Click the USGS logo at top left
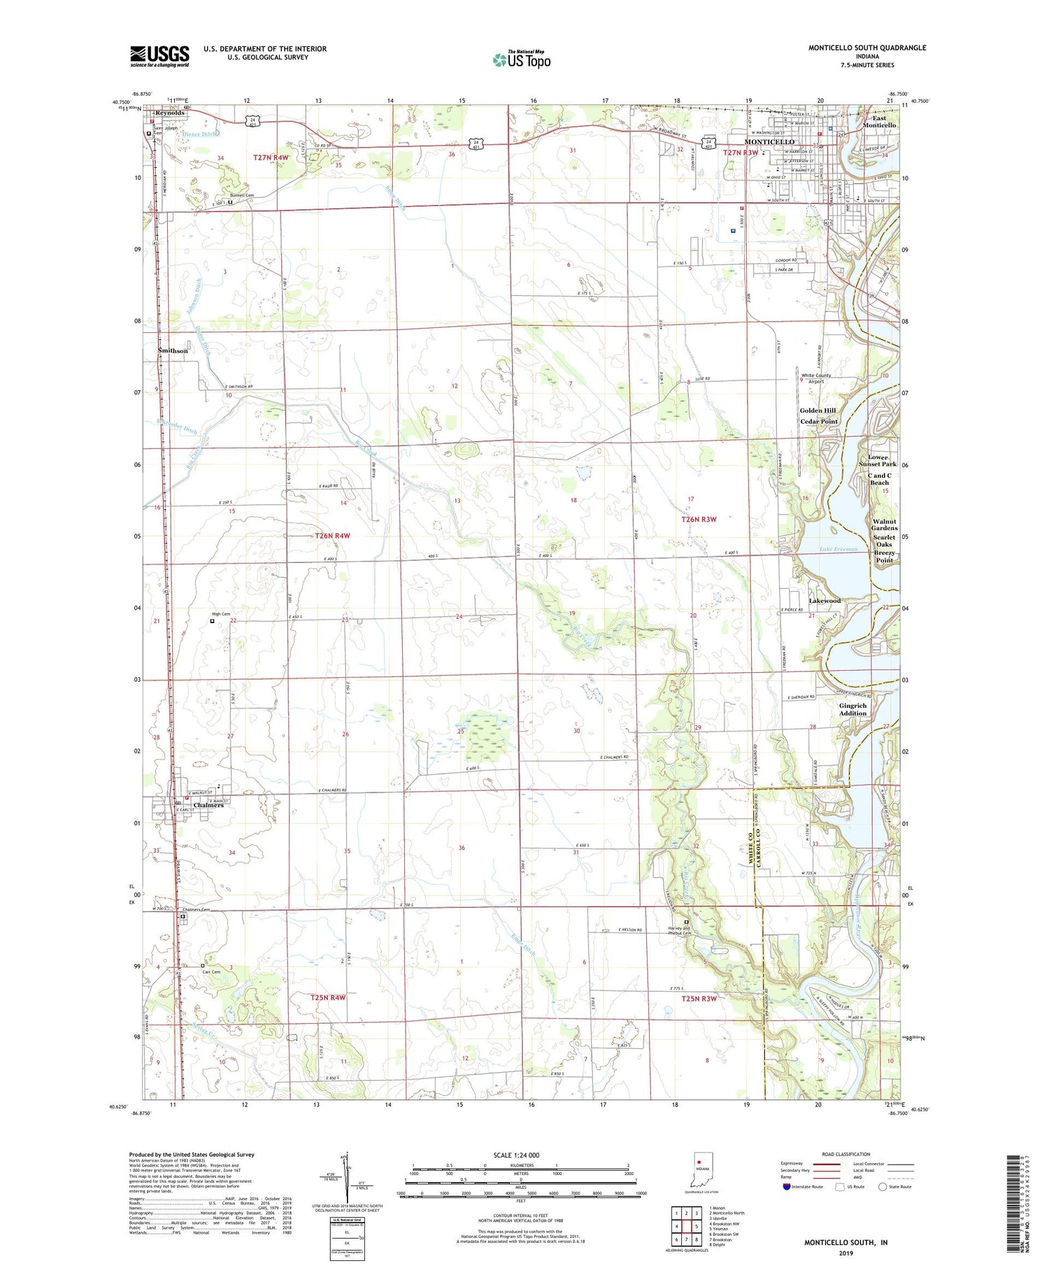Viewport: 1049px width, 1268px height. tap(159, 56)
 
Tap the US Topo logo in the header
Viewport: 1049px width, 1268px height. tap(521, 60)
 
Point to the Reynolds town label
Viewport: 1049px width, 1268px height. tap(170, 113)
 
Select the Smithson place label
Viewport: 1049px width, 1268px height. tap(173, 350)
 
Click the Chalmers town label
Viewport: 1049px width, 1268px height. tap(208, 805)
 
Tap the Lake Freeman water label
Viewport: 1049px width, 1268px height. tap(838, 550)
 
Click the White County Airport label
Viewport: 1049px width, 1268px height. tap(816, 378)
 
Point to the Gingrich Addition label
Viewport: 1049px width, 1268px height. tap(852, 709)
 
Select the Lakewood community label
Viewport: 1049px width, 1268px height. tap(825, 601)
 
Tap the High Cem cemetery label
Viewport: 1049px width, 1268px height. tap(221, 614)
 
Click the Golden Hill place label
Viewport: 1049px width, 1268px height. tap(818, 411)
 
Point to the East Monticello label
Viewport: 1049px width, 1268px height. tap(879, 122)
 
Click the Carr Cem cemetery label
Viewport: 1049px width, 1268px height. tap(211, 971)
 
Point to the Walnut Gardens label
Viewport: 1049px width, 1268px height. tap(885, 525)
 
